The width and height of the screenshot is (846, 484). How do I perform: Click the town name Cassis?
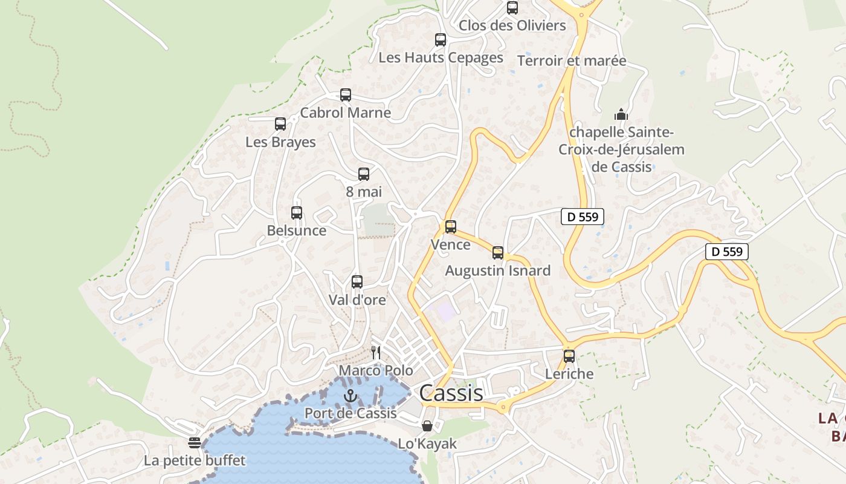[451, 393]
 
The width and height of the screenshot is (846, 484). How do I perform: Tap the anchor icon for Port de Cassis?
[350, 396]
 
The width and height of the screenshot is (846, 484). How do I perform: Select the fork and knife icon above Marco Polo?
[376, 353]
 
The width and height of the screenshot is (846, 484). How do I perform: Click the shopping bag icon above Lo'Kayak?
[427, 426]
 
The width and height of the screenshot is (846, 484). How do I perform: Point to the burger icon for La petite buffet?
[194, 443]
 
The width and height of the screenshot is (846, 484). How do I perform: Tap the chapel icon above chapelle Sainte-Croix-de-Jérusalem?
[621, 114]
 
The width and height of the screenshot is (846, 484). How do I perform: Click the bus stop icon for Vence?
[450, 227]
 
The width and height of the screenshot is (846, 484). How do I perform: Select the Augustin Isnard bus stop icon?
[497, 253]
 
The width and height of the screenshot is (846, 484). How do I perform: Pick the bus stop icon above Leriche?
[569, 356]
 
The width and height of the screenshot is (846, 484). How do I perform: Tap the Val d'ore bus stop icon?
[357, 282]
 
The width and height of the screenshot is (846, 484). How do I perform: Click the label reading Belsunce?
[296, 231]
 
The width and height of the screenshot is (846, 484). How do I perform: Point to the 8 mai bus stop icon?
[363, 174]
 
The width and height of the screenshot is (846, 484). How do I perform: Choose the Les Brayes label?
[280, 142]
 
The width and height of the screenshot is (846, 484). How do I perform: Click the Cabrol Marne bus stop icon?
[345, 95]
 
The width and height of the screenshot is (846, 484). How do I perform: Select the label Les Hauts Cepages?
[441, 57]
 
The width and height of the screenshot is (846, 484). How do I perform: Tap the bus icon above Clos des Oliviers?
[512, 8]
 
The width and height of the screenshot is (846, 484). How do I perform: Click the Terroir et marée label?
[572, 60]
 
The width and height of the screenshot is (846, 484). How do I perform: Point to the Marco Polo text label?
[376, 370]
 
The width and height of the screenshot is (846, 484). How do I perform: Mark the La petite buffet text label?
[195, 460]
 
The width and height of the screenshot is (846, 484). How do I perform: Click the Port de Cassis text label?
[350, 413]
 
